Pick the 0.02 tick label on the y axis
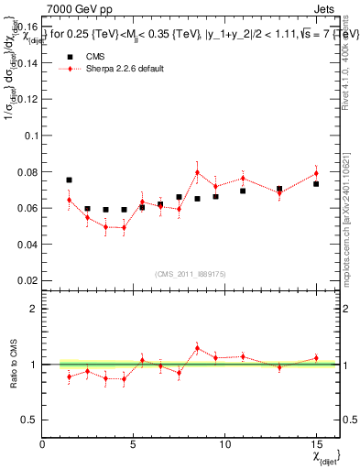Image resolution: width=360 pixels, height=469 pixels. pos(27,280)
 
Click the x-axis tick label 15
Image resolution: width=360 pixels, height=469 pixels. pos(315,444)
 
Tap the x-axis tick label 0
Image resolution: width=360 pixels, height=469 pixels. pos(43,444)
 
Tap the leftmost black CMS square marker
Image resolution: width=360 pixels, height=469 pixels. pos(69,180)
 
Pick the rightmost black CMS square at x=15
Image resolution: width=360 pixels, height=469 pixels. pos(315,184)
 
